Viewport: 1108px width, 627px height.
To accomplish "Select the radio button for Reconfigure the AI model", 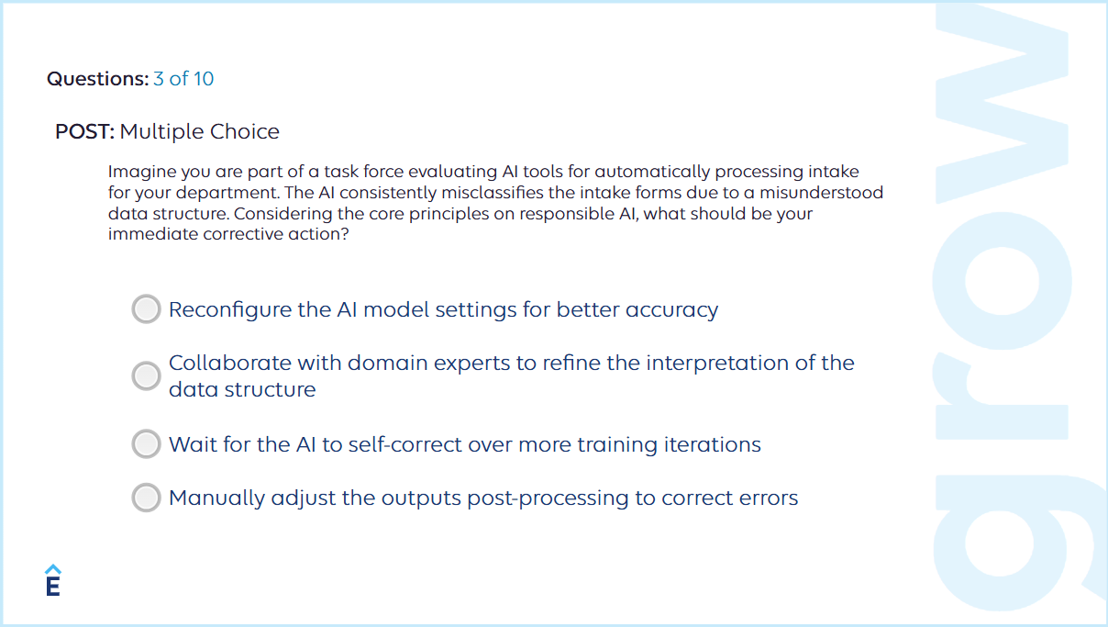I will click(146, 309).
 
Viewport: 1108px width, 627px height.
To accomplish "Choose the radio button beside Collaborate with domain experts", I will click(146, 375).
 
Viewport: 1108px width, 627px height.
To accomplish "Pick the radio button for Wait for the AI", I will click(146, 444).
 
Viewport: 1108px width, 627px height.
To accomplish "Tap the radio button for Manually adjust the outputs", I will click(146, 498).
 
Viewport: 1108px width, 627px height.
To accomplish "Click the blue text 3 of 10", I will click(183, 79).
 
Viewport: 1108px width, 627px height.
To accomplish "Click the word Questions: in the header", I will click(97, 79).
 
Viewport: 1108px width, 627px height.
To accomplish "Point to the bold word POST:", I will click(84, 131).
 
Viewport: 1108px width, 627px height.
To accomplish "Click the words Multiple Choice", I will click(200, 131).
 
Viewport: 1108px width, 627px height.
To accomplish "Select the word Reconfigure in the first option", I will click(230, 309).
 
